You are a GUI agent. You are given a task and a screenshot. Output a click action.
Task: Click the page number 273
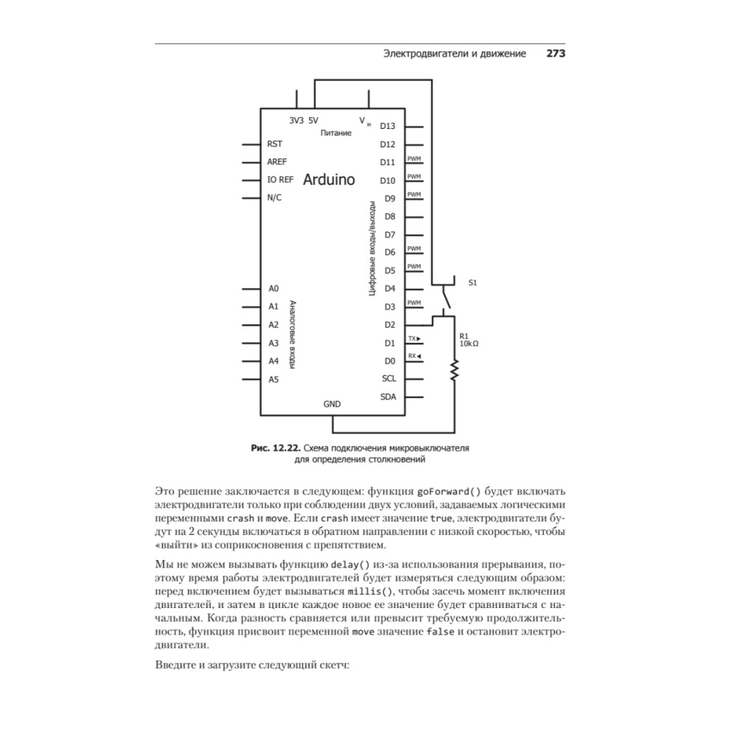555,54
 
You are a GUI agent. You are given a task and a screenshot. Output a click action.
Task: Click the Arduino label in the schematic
329,180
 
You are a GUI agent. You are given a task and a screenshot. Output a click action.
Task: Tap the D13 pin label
388,127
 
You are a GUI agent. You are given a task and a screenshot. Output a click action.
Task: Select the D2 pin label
390,325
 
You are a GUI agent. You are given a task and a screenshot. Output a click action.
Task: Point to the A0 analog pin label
273,289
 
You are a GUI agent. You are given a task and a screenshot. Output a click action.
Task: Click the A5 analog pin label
273,380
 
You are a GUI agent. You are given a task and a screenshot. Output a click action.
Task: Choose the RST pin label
275,144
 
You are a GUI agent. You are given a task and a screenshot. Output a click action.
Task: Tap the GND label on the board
332,405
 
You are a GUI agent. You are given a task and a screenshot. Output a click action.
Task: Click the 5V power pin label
313,120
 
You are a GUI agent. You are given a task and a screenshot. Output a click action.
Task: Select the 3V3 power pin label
296,120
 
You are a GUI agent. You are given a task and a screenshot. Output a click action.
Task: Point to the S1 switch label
472,282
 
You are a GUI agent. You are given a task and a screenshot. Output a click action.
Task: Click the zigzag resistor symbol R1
455,370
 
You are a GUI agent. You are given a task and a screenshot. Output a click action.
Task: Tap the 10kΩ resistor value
469,343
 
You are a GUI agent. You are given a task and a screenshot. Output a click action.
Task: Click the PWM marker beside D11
414,159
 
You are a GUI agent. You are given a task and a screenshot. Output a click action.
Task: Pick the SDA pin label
388,397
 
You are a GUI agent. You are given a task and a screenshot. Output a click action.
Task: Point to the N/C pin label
274,198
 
